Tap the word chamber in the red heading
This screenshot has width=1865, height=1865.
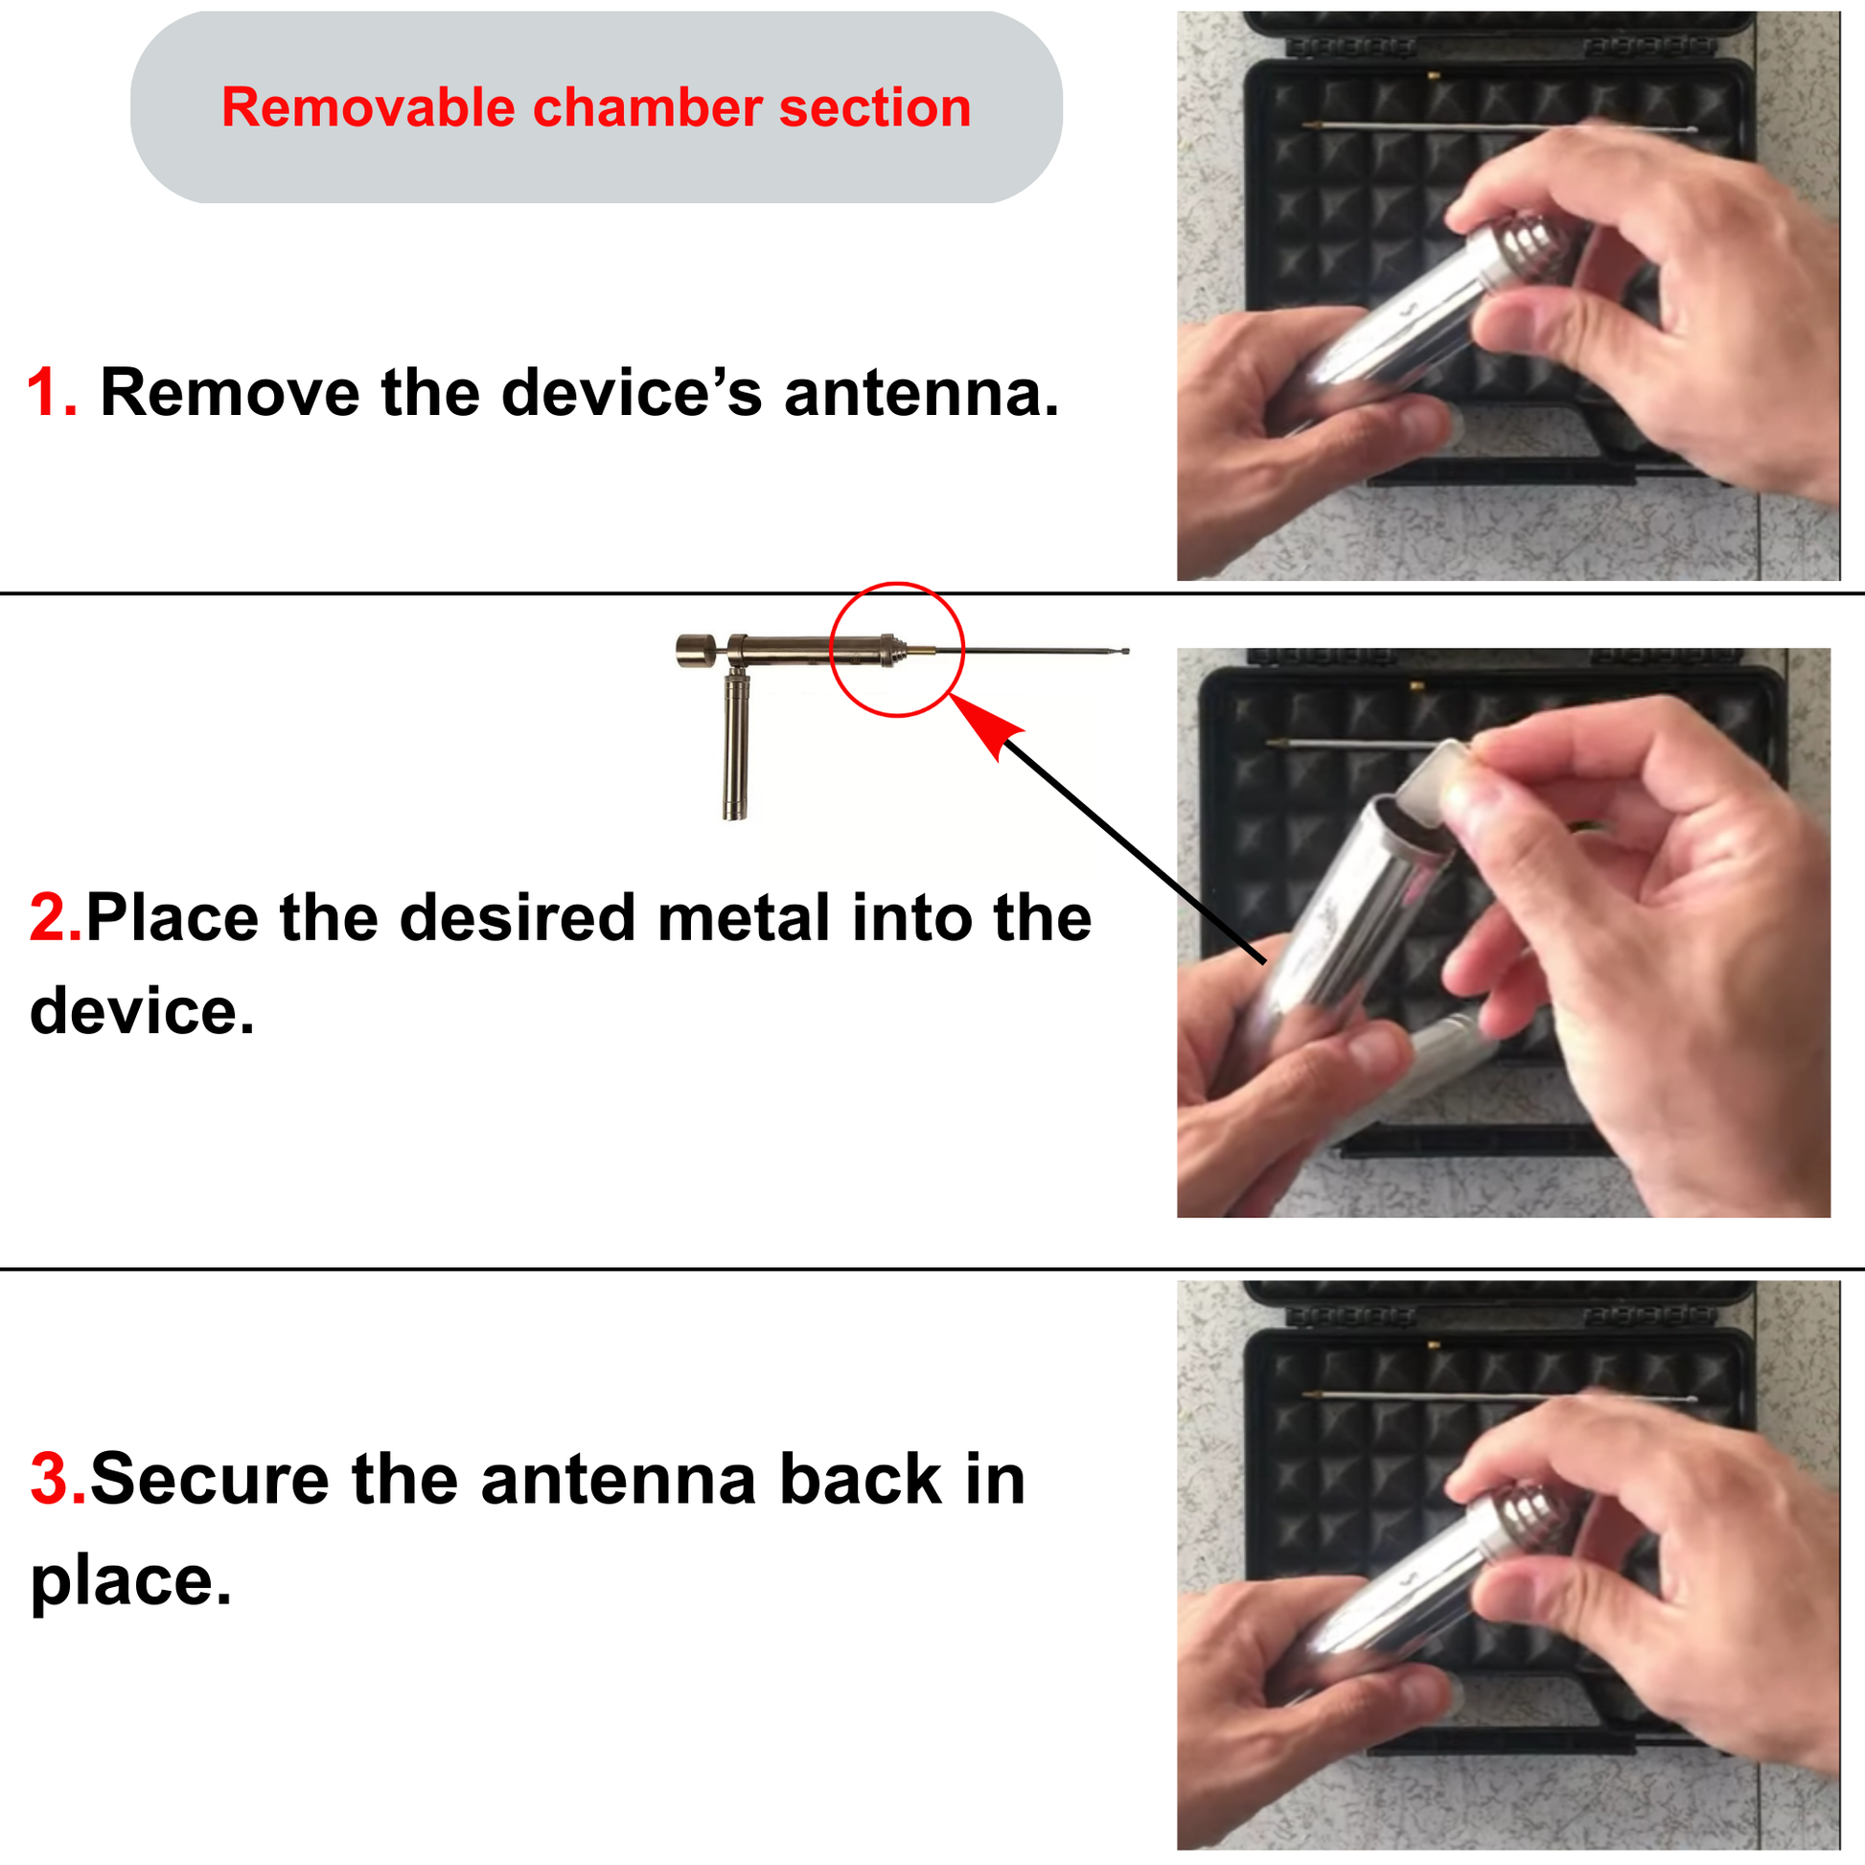pos(648,107)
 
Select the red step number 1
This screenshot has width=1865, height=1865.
pos(51,393)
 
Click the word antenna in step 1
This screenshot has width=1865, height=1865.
pos(921,394)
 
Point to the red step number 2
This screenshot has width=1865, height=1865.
pos(56,917)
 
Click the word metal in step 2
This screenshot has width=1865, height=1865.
pos(744,917)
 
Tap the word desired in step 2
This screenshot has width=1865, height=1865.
pos(517,917)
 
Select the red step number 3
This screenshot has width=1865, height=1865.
pos(58,1480)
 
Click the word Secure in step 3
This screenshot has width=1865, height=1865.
pos(210,1480)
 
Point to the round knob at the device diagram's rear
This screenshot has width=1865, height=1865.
pos(695,651)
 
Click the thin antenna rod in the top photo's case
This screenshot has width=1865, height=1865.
pos(1496,127)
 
